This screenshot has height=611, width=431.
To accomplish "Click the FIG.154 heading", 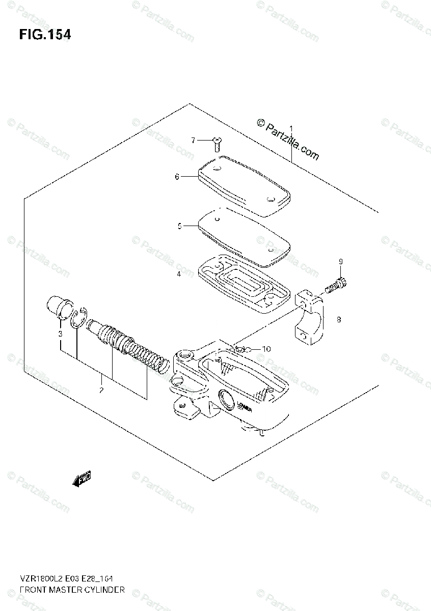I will point(45,35).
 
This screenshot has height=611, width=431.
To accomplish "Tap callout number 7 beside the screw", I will point(194,140).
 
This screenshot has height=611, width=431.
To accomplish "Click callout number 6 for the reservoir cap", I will point(177,177).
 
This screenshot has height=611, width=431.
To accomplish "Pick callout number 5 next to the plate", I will point(179,226).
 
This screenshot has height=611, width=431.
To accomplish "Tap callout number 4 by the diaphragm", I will point(179,274).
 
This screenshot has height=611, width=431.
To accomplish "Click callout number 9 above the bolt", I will point(341,262).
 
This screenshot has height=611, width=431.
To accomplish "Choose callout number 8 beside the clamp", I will point(338,320).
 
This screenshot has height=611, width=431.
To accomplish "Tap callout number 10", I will point(267,349).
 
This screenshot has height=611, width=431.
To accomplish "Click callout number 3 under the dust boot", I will point(60,334).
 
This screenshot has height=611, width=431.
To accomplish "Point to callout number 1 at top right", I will point(291,128).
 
